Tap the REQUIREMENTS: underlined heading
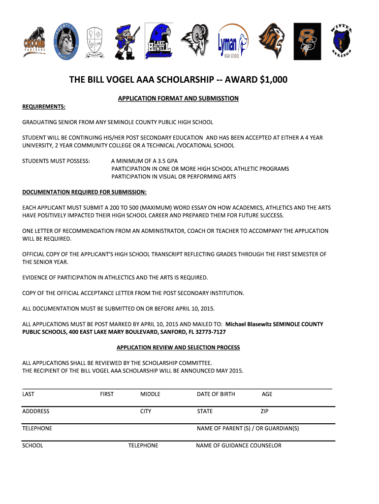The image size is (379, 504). [44, 107]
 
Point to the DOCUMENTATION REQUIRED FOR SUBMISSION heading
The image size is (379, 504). [85, 192]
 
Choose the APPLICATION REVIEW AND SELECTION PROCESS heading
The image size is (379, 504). [178, 347]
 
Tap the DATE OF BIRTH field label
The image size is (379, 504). [216, 394]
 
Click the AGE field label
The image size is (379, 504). [267, 394]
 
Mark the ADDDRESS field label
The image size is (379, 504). [36, 411]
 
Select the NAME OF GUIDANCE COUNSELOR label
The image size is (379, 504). [239, 445]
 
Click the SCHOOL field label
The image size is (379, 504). [32, 445]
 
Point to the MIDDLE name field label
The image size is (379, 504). [150, 394]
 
